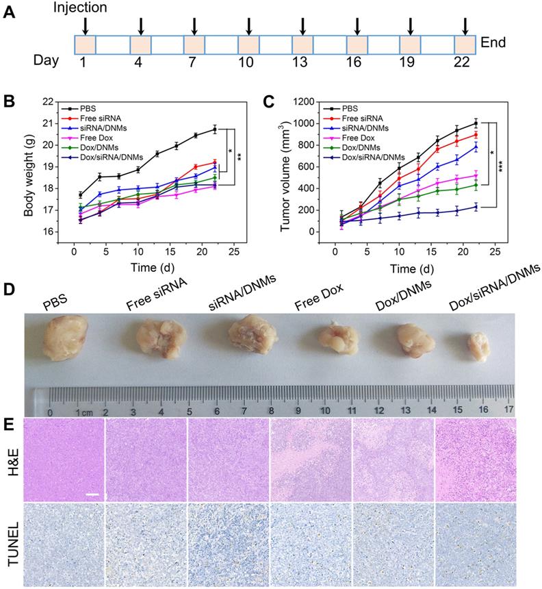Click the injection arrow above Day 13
[x=302, y=26]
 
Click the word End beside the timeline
[x=493, y=42]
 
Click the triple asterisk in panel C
[x=507, y=166]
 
